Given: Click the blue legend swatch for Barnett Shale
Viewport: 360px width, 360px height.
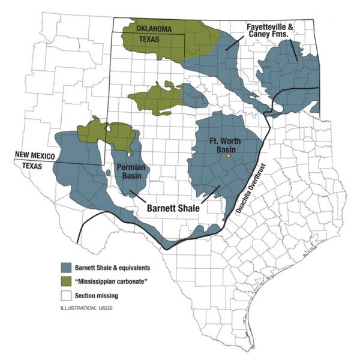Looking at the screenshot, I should (x=67, y=268).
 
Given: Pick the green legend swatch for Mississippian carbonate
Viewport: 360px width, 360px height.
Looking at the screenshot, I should (x=67, y=281).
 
